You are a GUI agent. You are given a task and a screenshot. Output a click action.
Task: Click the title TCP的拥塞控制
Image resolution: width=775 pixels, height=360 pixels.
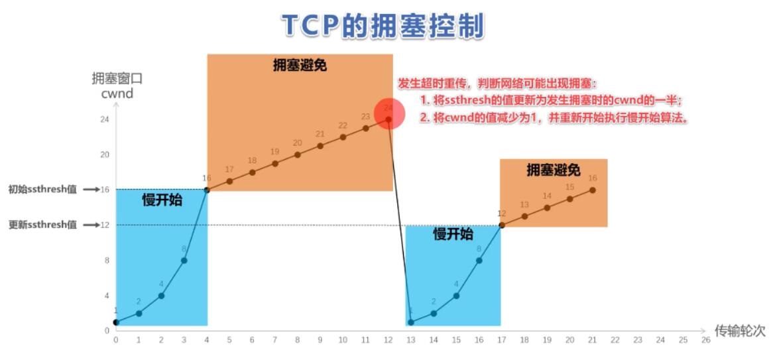[383, 25]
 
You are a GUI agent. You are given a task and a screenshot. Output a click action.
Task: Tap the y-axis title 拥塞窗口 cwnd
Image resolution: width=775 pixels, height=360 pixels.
[117, 86]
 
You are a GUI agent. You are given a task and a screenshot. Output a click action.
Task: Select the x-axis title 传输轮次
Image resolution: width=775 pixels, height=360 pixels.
[740, 330]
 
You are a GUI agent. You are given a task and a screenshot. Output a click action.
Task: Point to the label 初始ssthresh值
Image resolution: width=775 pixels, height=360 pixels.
[43, 189]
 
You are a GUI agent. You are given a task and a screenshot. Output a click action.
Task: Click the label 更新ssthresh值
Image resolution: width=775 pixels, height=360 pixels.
[43, 225]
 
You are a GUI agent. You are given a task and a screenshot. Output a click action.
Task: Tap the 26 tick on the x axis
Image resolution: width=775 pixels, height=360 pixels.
[705, 339]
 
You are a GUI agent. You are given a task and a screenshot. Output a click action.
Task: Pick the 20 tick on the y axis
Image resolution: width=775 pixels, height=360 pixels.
[104, 154]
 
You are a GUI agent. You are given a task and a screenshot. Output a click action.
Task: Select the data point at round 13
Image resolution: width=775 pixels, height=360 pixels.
[411, 322]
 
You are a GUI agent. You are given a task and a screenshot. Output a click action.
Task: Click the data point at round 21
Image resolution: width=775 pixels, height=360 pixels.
[592, 190]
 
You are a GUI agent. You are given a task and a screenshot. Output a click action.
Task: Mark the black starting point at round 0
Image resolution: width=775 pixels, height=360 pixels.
[116, 322]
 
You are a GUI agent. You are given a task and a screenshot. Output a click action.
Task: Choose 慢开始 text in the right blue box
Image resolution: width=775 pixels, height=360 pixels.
[453, 234]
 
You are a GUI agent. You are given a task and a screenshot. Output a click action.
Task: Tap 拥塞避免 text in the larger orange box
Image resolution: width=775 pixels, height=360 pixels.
[300, 66]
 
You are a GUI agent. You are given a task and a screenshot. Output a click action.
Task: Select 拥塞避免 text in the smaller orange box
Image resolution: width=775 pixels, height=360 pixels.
[554, 170]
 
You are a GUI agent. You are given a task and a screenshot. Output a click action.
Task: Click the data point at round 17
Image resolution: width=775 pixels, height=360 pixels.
[502, 225]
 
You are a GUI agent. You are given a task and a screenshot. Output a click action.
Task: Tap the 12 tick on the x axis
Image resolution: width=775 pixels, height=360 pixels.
[388, 339]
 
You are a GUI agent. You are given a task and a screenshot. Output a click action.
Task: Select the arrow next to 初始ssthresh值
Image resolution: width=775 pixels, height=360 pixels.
[91, 189]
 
